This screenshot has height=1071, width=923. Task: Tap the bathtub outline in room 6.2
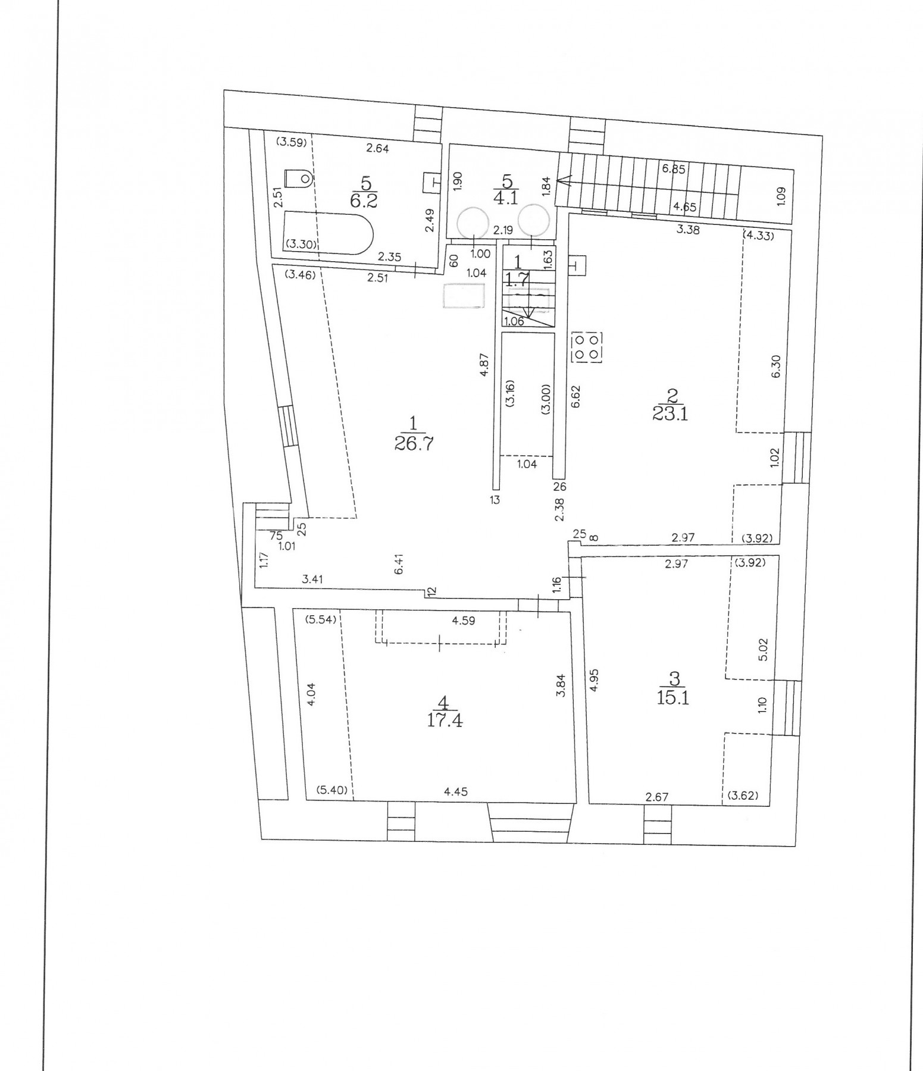click(328, 232)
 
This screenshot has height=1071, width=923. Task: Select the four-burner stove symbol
click(587, 347)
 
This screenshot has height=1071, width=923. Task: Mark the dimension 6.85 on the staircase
click(674, 169)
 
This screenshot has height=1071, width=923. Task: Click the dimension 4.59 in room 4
click(464, 621)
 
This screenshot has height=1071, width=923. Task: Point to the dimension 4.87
click(484, 365)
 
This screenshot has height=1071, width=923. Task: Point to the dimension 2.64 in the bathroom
click(378, 149)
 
